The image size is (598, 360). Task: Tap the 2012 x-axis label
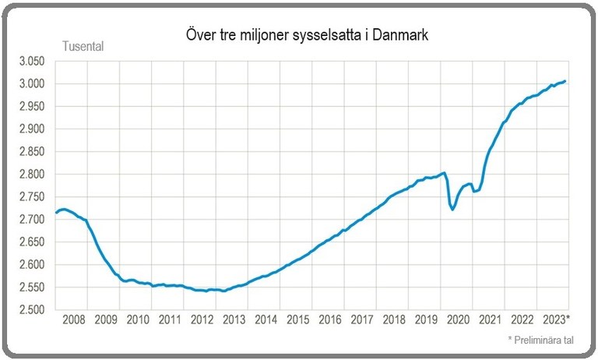[201, 320]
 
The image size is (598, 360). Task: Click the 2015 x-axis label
[297, 320]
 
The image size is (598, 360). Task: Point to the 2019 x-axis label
[426, 320]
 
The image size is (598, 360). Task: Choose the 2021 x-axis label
[490, 320]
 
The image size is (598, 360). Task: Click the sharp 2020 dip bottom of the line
[452, 209]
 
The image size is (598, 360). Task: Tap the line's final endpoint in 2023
[565, 81]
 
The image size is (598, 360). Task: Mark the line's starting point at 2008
[56, 213]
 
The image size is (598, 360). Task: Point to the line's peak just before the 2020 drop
[443, 173]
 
